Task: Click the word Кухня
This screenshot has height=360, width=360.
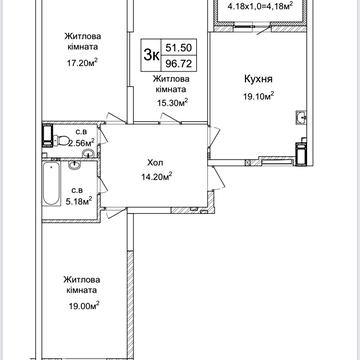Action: (258, 79)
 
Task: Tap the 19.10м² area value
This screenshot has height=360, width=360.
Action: (258, 96)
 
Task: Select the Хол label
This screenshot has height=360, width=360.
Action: (155, 163)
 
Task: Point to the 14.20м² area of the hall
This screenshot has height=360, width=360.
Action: (156, 176)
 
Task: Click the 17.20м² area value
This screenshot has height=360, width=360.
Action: (82, 62)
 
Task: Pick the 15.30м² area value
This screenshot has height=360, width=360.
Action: (172, 102)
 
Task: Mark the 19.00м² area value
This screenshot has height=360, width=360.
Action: (82, 305)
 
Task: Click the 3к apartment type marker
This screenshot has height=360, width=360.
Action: (151, 55)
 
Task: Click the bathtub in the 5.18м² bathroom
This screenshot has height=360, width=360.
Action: (52, 184)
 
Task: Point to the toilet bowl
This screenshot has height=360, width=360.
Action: (60, 140)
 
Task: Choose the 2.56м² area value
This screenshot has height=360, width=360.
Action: (81, 143)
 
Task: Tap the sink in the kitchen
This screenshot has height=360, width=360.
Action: (301, 117)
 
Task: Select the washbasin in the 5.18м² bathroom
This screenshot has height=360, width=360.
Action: (74, 165)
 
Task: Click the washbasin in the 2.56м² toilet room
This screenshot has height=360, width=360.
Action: (88, 153)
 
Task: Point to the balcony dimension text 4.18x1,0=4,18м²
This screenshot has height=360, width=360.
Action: (260, 5)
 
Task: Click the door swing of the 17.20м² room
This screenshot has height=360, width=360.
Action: (115, 118)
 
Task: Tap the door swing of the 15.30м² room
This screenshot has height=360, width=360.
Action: (171, 118)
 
